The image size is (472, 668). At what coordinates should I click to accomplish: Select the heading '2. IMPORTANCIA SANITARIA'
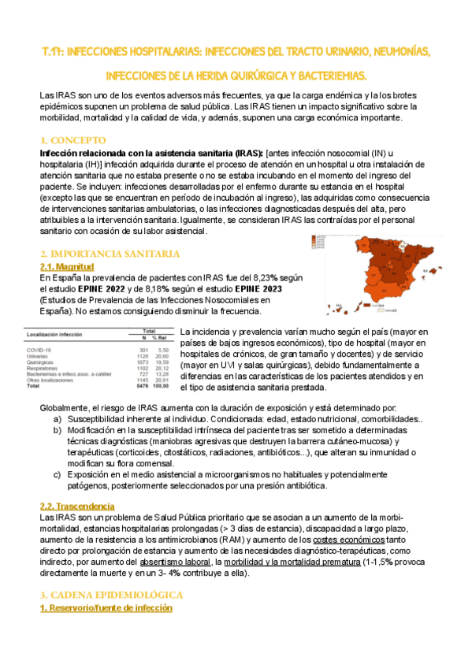pos(110,254)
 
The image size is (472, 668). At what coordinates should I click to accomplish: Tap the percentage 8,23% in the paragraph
pos(260,278)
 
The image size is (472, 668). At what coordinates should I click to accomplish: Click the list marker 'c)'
pos(58,475)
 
